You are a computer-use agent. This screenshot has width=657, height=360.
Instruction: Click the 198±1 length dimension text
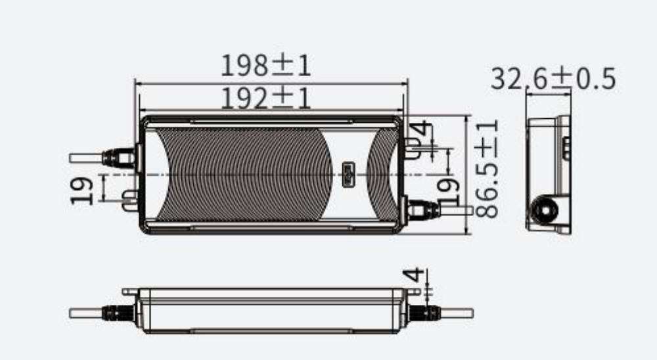click(x=265, y=66)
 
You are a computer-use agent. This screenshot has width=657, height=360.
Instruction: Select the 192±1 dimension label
click(x=265, y=99)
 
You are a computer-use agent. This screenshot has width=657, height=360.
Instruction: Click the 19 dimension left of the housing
click(x=84, y=190)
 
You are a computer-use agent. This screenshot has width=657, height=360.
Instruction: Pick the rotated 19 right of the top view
click(x=447, y=191)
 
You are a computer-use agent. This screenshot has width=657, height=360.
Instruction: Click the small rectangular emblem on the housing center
click(x=349, y=175)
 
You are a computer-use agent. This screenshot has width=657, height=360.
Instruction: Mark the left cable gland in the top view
click(x=119, y=158)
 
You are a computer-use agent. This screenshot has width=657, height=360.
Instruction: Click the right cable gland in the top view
click(x=422, y=210)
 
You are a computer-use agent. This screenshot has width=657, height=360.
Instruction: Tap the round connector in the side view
click(x=545, y=211)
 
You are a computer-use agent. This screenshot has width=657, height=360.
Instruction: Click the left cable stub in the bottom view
click(x=85, y=313)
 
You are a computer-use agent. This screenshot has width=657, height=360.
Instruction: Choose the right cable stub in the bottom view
click(x=457, y=313)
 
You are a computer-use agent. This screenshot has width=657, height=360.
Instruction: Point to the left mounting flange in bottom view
click(x=129, y=291)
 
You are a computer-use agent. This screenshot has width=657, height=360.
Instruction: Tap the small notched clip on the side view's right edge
click(x=566, y=148)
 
